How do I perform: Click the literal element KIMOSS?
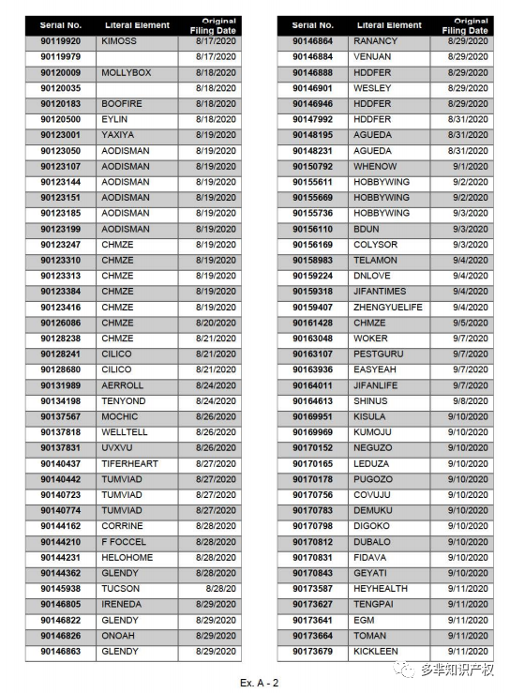pyautogui.click(x=119, y=41)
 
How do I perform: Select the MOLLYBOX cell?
pyautogui.click(x=126, y=72)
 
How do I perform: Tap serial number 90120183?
pyautogui.click(x=61, y=104)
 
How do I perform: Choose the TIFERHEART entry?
pyautogui.click(x=131, y=463)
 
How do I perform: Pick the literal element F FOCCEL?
pyautogui.click(x=123, y=542)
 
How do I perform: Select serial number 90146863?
pyautogui.click(x=61, y=652)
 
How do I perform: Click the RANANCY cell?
pyautogui.click(x=375, y=41)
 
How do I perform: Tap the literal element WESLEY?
pyautogui.click(x=372, y=88)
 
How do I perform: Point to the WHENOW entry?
pyautogui.click(x=375, y=166)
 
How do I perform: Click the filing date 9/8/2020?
pyautogui.click(x=469, y=401)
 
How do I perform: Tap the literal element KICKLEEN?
pyautogui.click(x=376, y=652)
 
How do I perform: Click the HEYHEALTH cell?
pyautogui.click(x=381, y=589)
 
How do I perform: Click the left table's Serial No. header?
pyautogui.click(x=61, y=25)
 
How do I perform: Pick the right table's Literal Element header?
pyautogui.click(x=388, y=25)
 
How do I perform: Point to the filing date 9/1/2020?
pyautogui.click(x=469, y=166)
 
